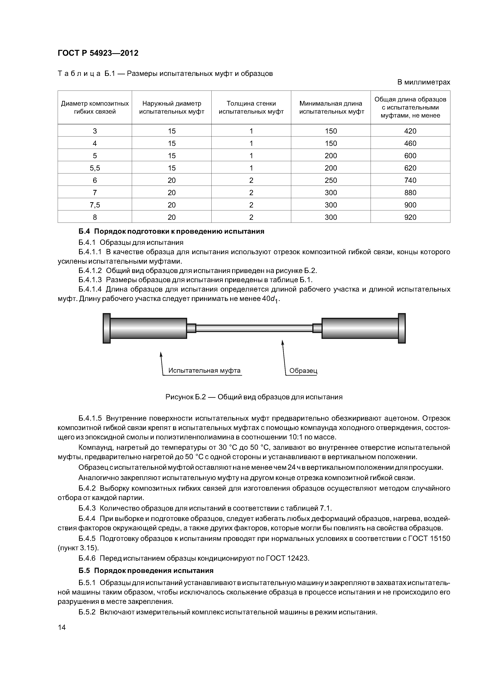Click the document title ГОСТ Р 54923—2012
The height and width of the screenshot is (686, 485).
[98, 53]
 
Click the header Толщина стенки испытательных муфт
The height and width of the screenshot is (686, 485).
[251, 108]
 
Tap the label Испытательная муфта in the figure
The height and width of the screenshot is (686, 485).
[204, 371]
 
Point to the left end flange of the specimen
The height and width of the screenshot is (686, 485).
[107, 328]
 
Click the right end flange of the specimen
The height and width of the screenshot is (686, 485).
[402, 328]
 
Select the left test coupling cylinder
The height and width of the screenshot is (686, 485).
[148, 328]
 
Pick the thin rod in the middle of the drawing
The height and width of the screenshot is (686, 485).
[254, 328]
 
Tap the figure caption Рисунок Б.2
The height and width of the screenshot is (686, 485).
[254, 397]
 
